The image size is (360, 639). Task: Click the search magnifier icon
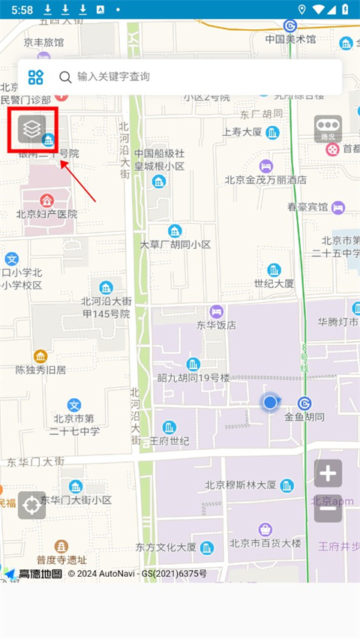click(65, 76)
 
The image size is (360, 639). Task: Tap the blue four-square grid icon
click(36, 76)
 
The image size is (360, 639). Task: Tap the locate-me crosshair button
click(31, 505)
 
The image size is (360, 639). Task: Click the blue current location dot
click(270, 403)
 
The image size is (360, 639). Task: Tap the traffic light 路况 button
click(328, 129)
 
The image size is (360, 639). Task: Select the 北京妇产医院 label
click(46, 214)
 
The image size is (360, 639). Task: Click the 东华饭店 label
click(216, 325)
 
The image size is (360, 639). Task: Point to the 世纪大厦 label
click(274, 283)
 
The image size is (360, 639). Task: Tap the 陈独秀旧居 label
click(40, 369)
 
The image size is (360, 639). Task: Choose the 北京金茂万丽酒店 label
click(265, 180)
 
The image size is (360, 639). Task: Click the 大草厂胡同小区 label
click(175, 244)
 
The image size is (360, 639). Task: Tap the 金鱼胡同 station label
click(304, 416)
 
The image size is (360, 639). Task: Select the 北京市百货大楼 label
click(265, 543)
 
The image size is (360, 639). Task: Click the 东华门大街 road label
click(36, 461)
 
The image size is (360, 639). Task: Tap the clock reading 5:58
click(22, 10)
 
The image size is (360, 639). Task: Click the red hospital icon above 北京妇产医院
click(46, 199)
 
